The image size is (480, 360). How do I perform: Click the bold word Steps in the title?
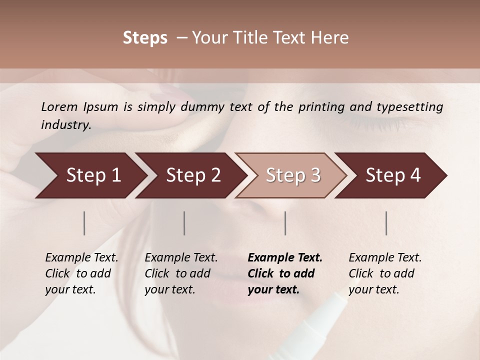(145, 37)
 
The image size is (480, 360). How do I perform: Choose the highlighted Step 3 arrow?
(293, 175)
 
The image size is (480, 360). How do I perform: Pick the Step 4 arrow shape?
(393, 175)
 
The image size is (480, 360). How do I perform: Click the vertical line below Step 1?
(84, 223)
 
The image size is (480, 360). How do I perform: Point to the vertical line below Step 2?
(184, 223)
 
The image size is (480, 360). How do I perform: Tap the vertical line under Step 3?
(285, 223)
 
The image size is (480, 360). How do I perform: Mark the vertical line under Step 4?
(386, 223)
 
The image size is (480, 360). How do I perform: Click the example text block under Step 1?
(81, 273)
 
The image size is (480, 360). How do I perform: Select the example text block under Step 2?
(181, 273)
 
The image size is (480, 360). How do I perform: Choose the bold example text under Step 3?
(285, 273)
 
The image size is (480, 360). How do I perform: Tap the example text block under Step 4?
(385, 273)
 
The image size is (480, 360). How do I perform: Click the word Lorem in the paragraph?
(59, 106)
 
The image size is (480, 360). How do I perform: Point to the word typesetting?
(411, 106)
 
